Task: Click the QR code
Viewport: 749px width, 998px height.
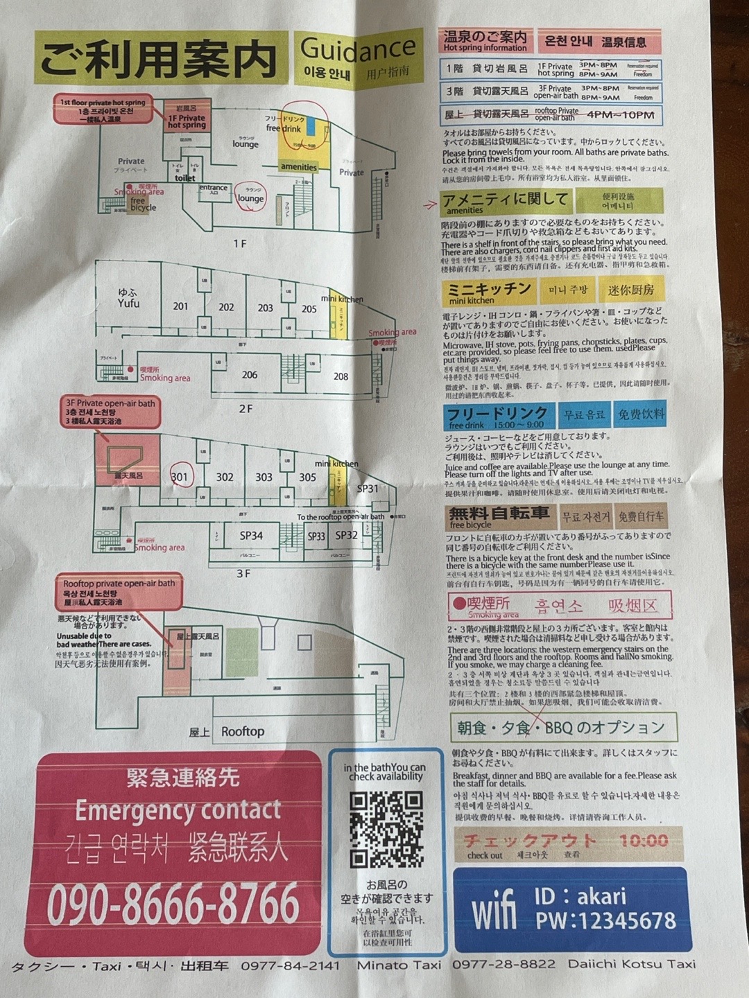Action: click(x=386, y=830)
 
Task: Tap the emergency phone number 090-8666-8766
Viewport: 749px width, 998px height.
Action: click(x=173, y=904)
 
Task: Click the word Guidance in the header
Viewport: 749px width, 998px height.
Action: click(x=358, y=49)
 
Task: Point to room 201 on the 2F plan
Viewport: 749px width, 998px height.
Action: click(x=180, y=306)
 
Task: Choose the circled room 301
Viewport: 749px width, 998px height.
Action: click(x=180, y=477)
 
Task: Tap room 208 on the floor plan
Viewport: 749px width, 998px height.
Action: click(x=341, y=376)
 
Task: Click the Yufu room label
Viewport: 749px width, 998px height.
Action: click(x=128, y=299)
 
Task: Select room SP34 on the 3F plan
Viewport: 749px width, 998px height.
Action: click(x=251, y=535)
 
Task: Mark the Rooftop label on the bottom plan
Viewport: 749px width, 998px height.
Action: click(x=242, y=731)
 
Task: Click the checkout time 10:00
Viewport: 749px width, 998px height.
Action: click(x=643, y=841)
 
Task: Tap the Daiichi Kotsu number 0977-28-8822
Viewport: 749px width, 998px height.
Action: click(x=503, y=964)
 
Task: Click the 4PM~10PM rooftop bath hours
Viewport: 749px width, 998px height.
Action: click(x=620, y=116)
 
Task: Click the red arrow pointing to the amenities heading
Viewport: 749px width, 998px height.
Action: click(x=430, y=204)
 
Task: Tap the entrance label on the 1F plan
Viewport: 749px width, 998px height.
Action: click(x=213, y=188)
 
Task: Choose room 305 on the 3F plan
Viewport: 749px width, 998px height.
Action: click(x=307, y=478)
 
